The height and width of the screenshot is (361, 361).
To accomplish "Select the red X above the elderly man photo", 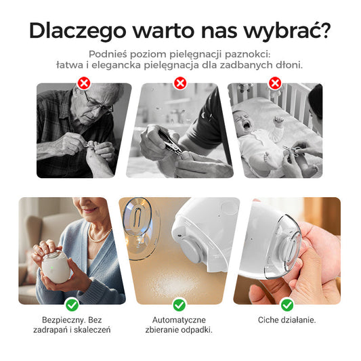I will click(84, 83).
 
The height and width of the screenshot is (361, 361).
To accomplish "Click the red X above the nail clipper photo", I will click(179, 83).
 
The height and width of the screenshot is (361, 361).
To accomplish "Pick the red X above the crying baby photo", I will click(275, 83).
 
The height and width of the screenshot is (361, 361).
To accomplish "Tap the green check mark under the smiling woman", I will click(72, 305).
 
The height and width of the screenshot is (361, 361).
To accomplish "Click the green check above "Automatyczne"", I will click(179, 305).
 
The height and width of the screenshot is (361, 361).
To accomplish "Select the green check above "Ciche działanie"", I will click(286, 305).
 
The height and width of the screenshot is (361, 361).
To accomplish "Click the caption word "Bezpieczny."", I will click(62, 320).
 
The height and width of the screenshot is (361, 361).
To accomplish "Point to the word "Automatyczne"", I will click(179, 320).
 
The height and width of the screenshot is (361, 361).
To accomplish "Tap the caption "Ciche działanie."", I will click(286, 320).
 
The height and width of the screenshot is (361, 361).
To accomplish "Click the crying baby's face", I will click(246, 123).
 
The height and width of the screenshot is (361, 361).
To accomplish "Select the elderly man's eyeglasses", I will click(98, 103).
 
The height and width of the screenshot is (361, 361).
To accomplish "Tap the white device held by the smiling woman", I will click(54, 265).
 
